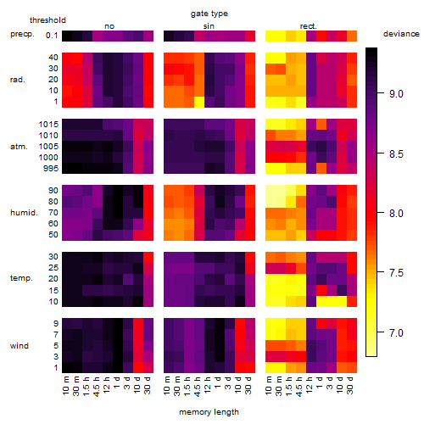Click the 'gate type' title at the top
click(209, 14)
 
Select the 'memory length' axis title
click(209, 412)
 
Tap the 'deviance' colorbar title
click(401, 34)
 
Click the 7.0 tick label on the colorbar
click(396, 332)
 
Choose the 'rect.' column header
click(308, 26)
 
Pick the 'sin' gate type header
click(209, 26)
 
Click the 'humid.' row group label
click(24, 213)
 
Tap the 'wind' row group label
click(20, 346)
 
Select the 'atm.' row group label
click(19, 147)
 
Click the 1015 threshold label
click(48, 125)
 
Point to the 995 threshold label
click(51, 169)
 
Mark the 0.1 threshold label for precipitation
click(52, 36)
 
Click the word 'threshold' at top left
click(47, 20)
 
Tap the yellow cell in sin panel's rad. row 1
click(199, 102)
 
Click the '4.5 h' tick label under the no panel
click(97, 386)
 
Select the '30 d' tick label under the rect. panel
click(350, 385)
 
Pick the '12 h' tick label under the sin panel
click(208, 384)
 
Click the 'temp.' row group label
click(21, 278)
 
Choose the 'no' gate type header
click(109, 26)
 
